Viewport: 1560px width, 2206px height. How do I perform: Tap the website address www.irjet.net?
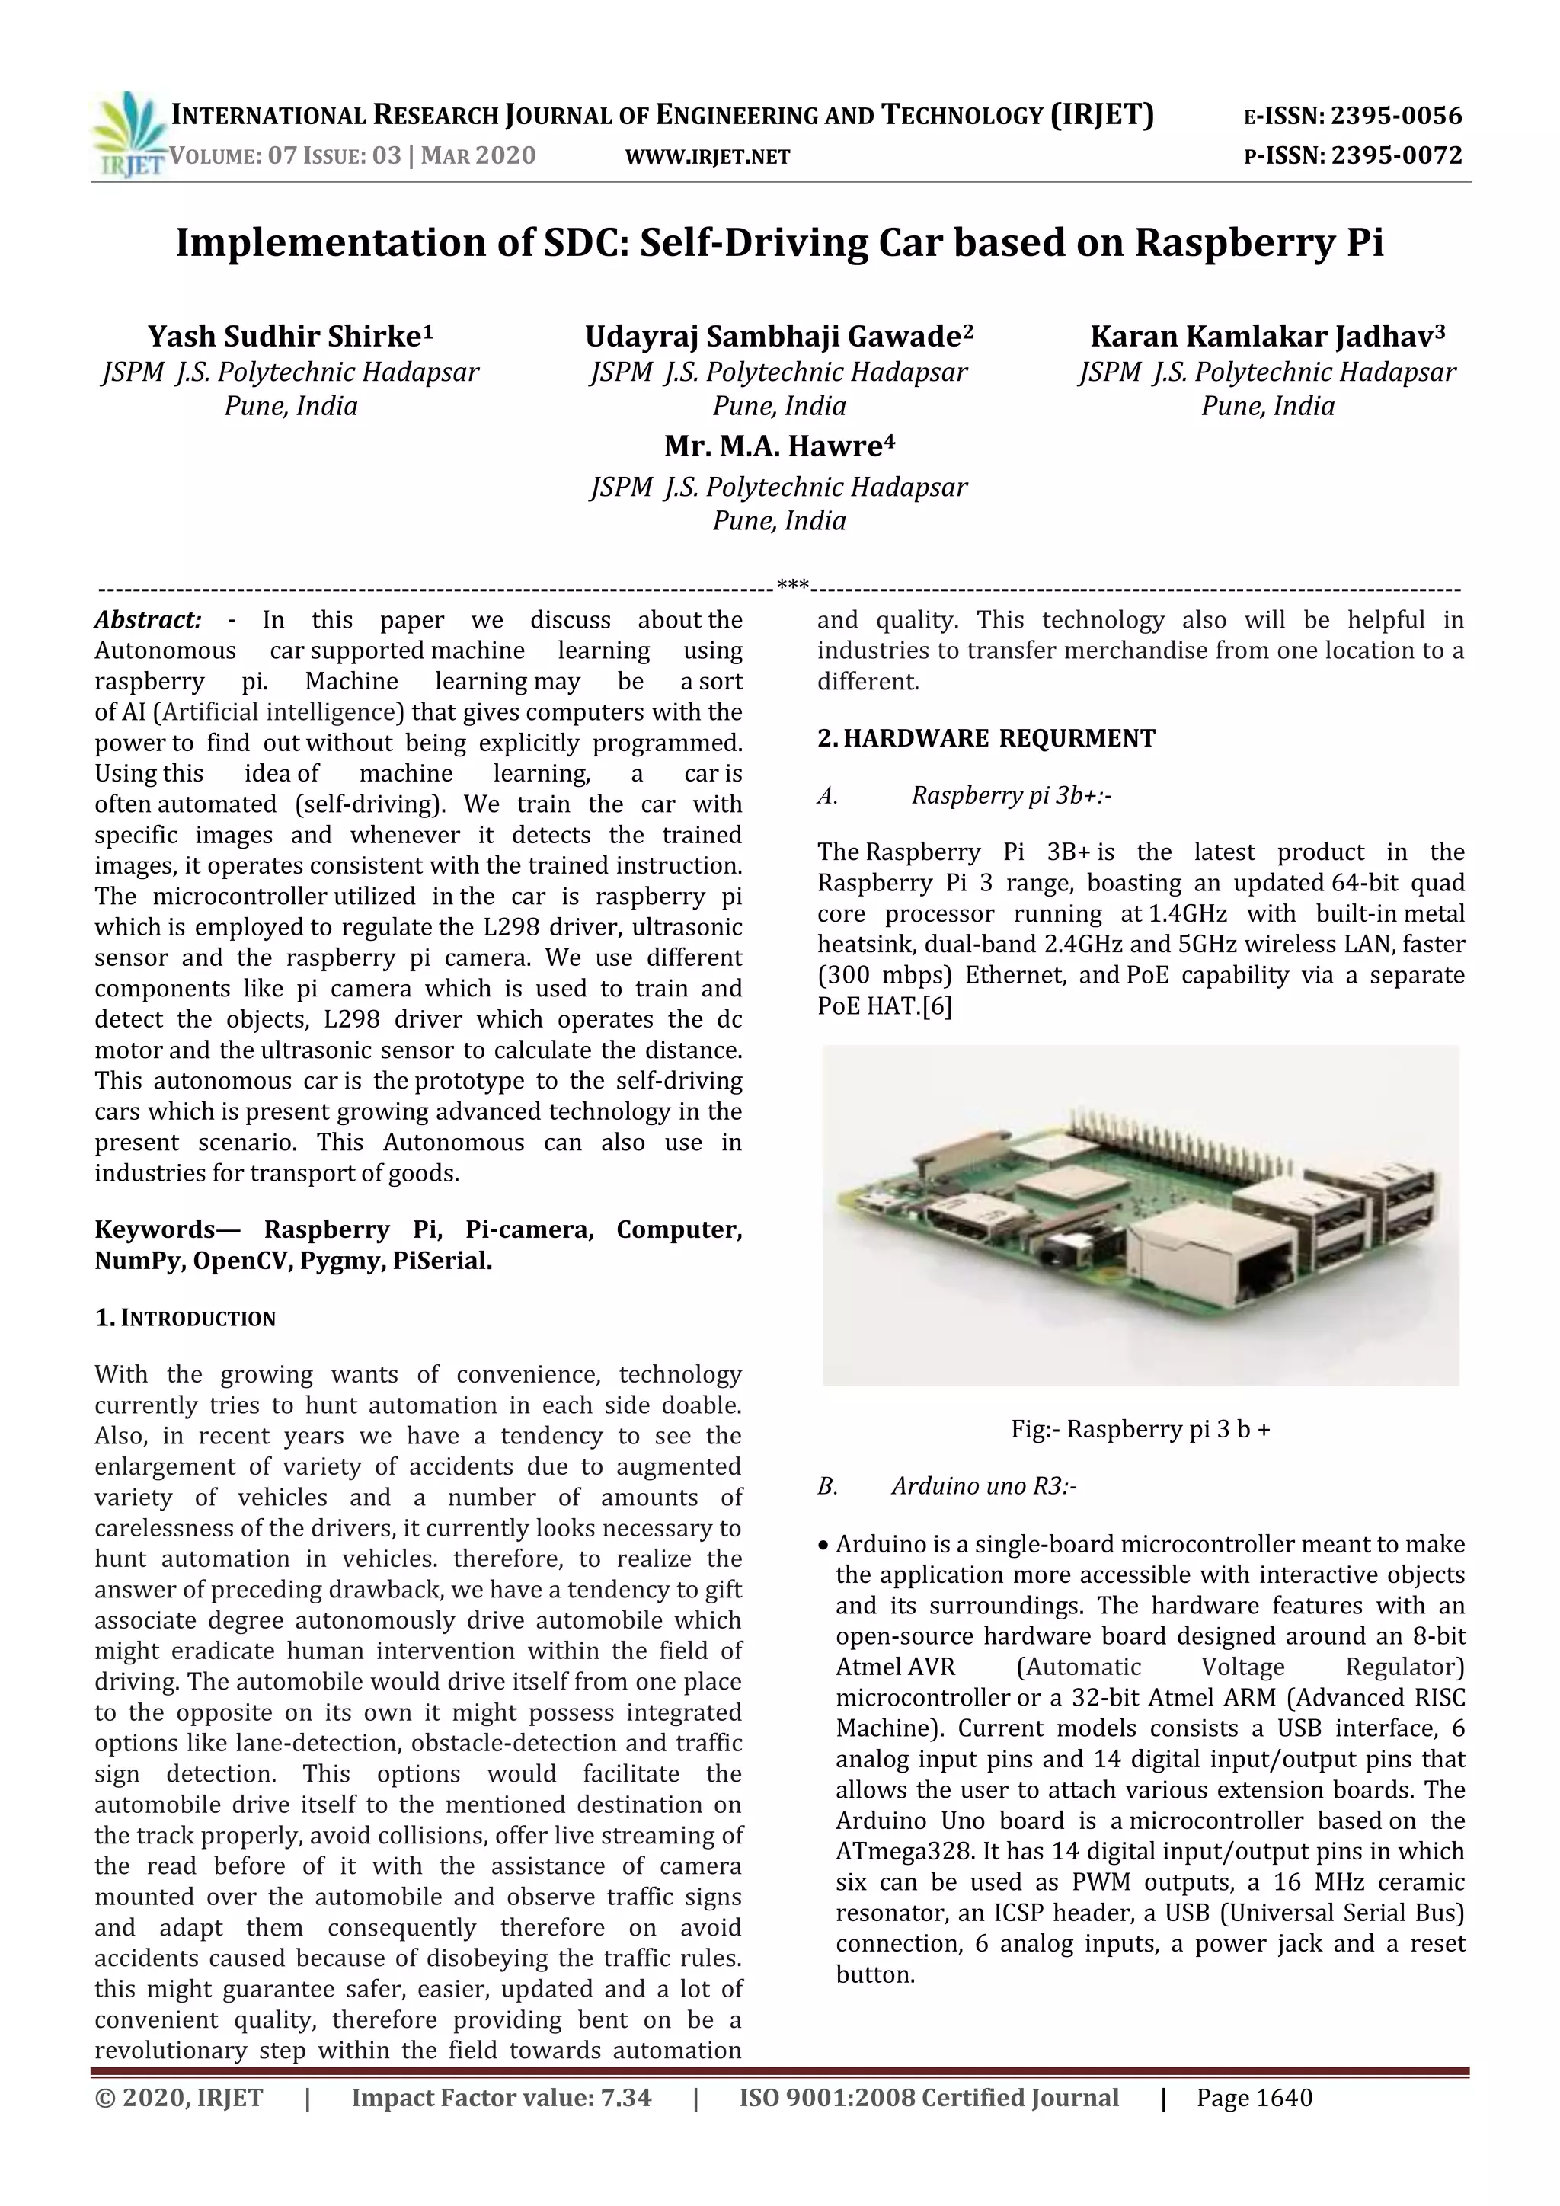707,157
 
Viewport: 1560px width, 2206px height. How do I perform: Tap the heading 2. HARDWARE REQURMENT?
986,738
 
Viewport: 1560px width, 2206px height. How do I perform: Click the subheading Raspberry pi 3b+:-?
1011,795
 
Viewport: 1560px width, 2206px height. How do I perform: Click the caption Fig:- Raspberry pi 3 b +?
1140,1429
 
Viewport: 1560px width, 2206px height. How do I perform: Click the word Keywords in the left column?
154,1229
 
